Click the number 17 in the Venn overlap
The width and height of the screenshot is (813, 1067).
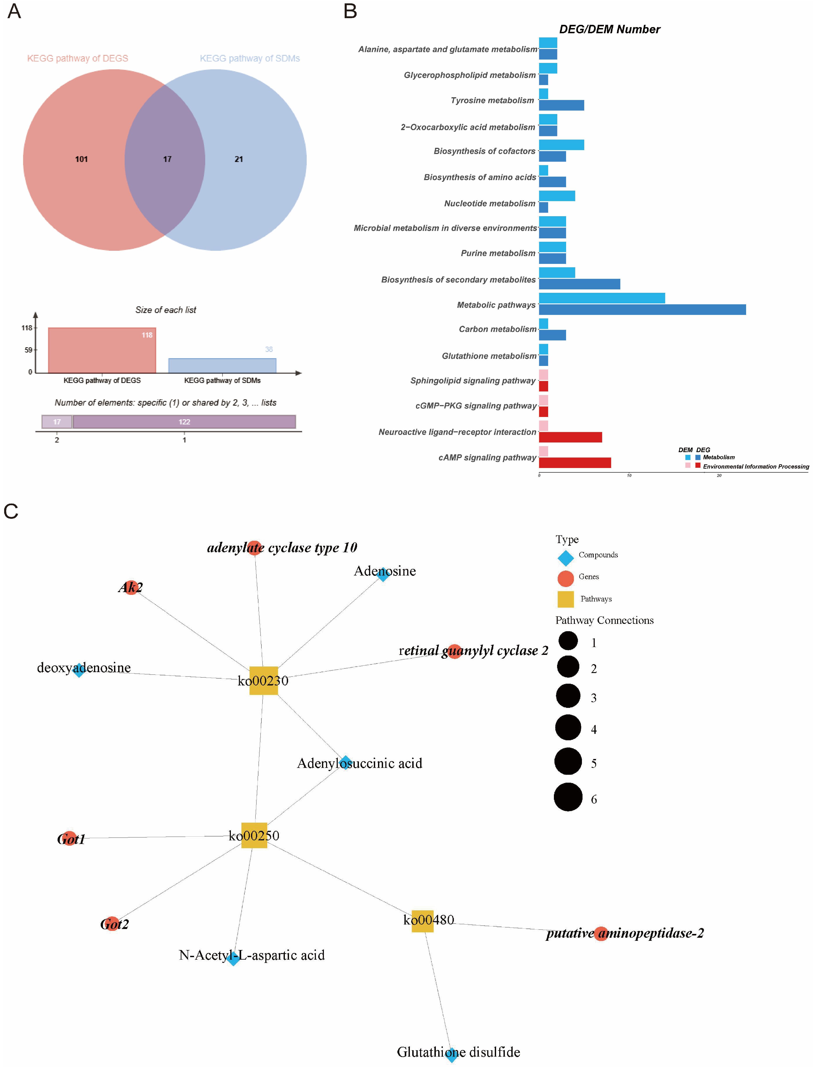[x=167, y=159]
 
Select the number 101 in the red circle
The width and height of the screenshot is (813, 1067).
[x=81, y=159]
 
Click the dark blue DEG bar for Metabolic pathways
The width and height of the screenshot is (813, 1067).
[x=642, y=310]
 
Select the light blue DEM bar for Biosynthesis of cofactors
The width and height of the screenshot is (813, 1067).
[x=561, y=145]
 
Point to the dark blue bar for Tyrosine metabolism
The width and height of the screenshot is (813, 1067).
[x=561, y=106]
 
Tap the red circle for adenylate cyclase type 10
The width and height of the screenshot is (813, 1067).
[x=255, y=548]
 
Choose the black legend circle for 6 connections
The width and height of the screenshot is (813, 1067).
[x=568, y=797]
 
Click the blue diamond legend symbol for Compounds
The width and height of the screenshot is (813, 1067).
[x=566, y=558]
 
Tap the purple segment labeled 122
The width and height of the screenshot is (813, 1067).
[x=184, y=422]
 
